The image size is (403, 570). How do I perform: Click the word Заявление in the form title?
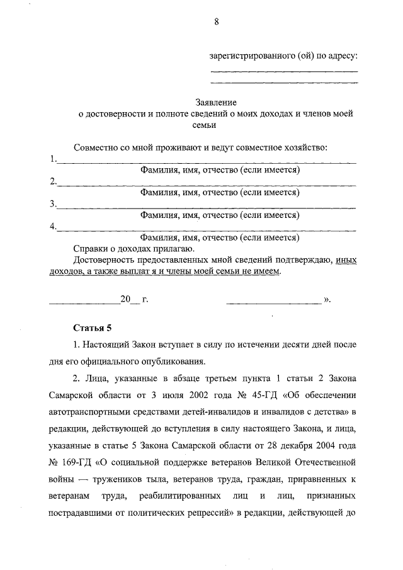216,102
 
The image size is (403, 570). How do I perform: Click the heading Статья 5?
93,328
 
